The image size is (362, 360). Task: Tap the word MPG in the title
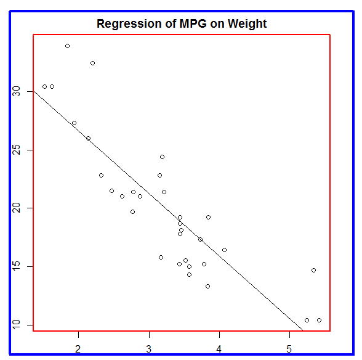tap(193, 23)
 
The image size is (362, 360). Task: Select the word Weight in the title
tap(247, 24)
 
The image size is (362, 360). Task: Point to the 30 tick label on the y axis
tap(16, 92)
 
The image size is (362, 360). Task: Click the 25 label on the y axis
tap(16, 150)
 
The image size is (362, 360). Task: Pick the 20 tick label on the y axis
tap(16, 208)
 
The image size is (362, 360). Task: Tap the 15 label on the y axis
tap(16, 266)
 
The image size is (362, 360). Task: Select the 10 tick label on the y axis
tap(16, 325)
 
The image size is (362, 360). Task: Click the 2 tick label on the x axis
tap(78, 349)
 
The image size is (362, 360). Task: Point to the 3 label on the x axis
tap(149, 349)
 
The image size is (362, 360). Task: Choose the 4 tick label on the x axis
tap(219, 349)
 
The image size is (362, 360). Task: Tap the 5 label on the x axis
tap(289, 349)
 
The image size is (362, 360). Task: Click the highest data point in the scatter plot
tap(68, 46)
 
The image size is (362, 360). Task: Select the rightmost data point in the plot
tap(320, 320)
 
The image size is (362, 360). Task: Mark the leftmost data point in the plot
tap(45, 87)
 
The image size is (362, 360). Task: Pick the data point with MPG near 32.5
tap(92, 63)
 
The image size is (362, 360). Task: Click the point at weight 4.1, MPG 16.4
tap(224, 250)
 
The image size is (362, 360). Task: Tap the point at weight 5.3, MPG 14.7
tap(313, 270)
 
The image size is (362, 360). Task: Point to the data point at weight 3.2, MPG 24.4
tap(163, 157)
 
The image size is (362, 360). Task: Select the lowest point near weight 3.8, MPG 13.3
tap(208, 287)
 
